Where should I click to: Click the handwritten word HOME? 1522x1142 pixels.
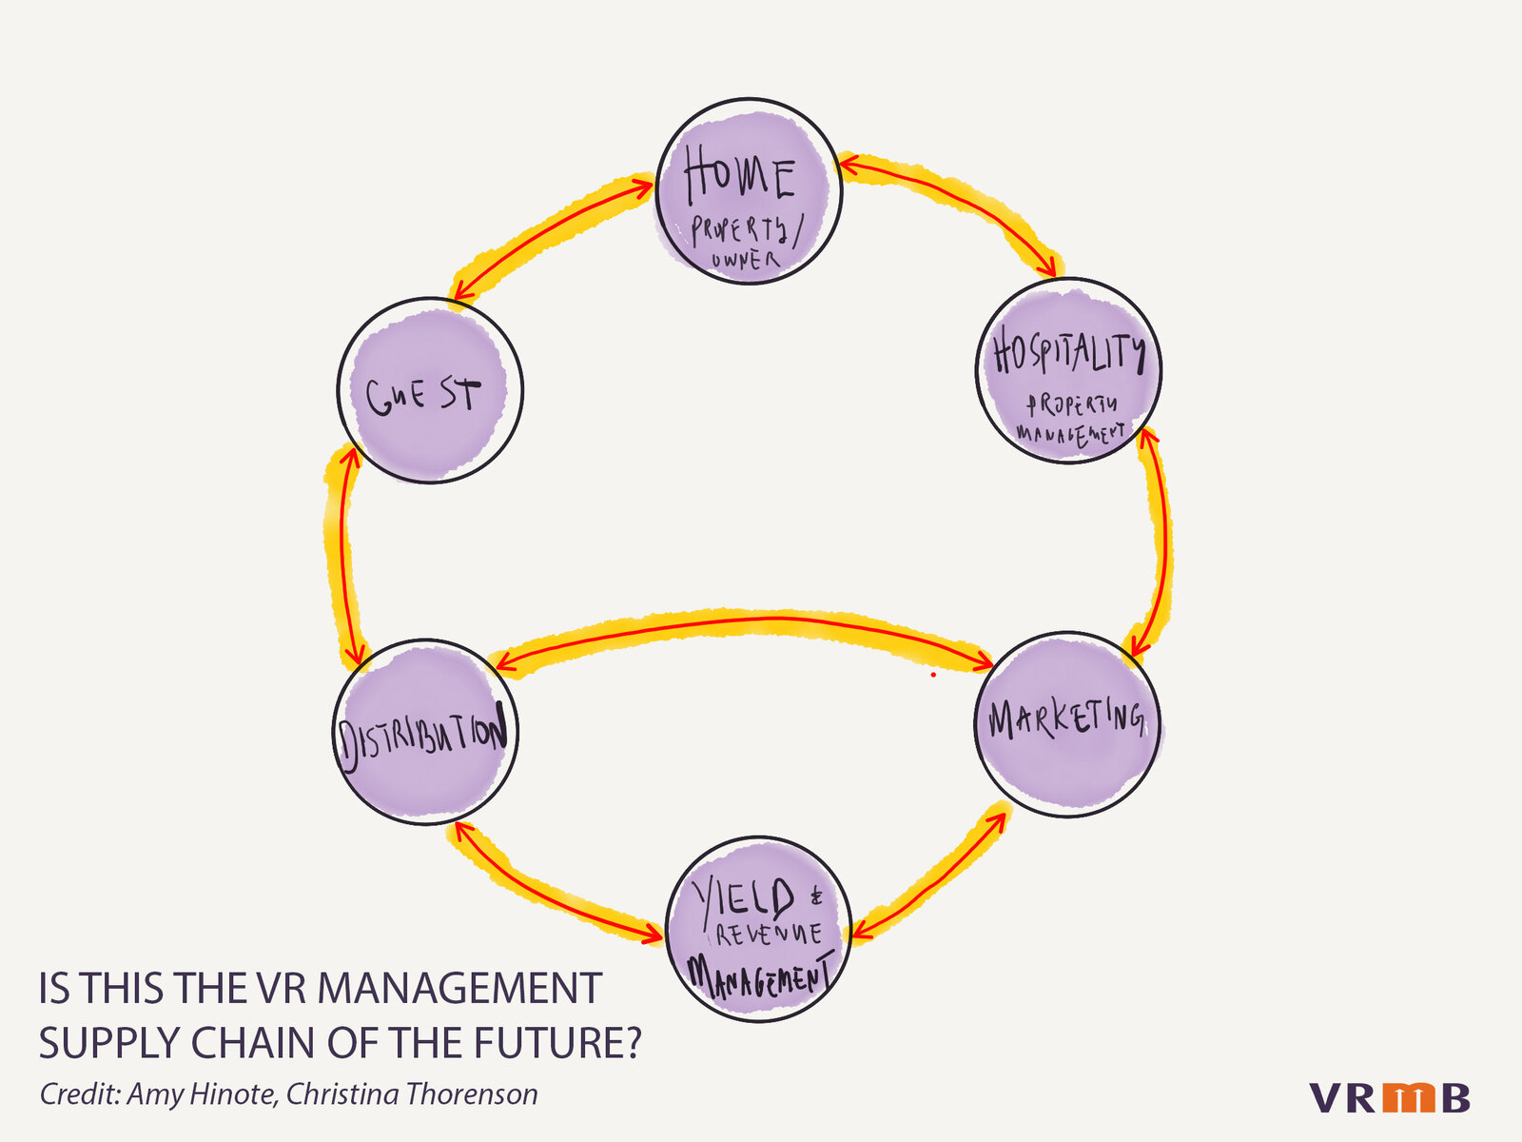click(x=739, y=177)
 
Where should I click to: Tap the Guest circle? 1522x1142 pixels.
click(x=430, y=390)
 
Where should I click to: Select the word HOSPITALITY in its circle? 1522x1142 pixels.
click(x=1068, y=353)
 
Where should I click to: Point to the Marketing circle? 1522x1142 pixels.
click(x=1067, y=724)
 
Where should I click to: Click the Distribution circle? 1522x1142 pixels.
click(x=425, y=732)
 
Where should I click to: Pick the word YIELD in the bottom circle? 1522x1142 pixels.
click(x=744, y=898)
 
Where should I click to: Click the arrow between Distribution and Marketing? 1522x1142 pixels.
click(x=742, y=623)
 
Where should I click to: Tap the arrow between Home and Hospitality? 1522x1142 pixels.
click(x=951, y=206)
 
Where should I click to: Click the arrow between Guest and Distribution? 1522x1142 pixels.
click(x=344, y=557)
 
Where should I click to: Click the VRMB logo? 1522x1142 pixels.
click(x=1389, y=1097)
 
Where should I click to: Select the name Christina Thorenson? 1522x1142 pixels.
click(x=412, y=1094)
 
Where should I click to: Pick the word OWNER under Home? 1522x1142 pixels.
click(x=745, y=260)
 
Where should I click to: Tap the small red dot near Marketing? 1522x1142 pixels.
click(x=933, y=675)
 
